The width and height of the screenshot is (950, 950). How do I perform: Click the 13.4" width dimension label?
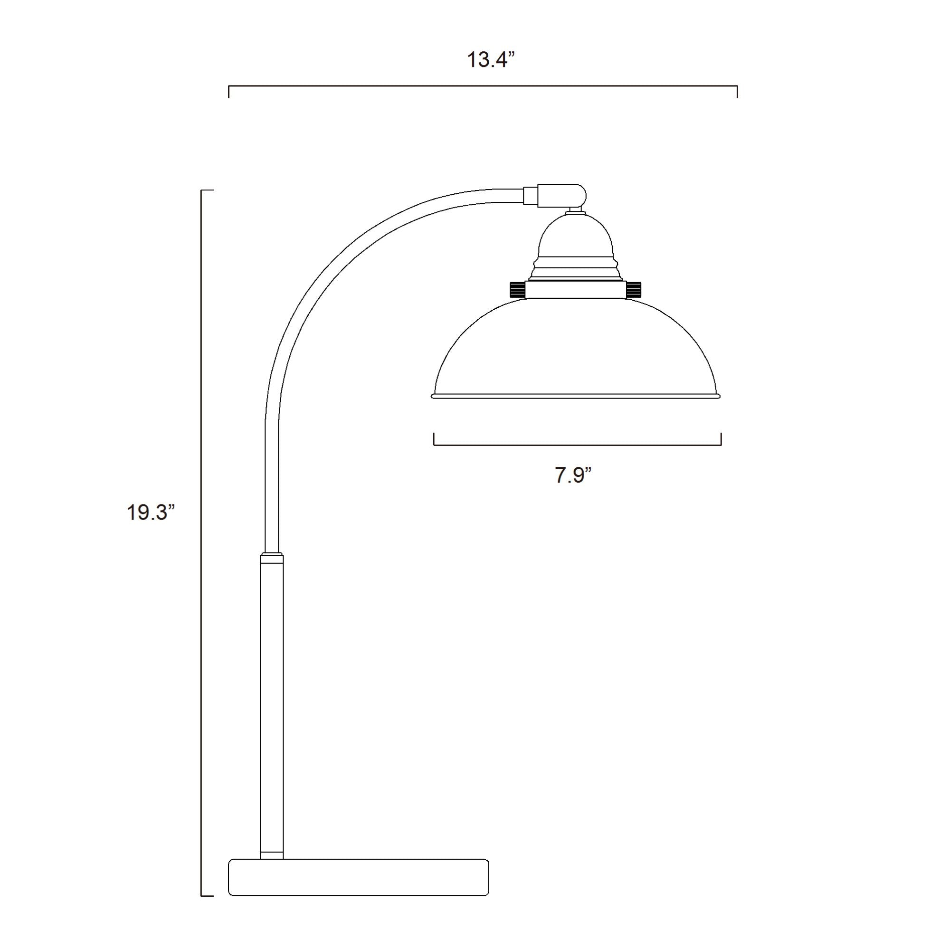(x=490, y=60)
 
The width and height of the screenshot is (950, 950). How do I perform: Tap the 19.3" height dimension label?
(x=151, y=513)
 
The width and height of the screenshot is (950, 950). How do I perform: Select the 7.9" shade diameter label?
(x=573, y=475)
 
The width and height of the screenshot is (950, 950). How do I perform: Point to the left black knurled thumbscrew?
(x=517, y=289)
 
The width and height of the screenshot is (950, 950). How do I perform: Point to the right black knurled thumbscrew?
(x=634, y=289)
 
